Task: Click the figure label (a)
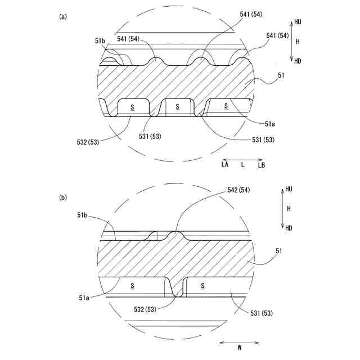pos(63,17)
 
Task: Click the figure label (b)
pos(63,197)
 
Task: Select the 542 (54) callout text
pos(238,190)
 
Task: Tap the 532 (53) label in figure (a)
pos(88,142)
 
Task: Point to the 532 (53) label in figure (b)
pos(145,309)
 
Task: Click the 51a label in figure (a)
pos(270,124)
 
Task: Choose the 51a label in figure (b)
pos(84,298)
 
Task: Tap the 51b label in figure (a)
pos(100,41)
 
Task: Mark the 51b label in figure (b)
pos(82,215)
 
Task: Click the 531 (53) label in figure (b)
pos(262,313)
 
